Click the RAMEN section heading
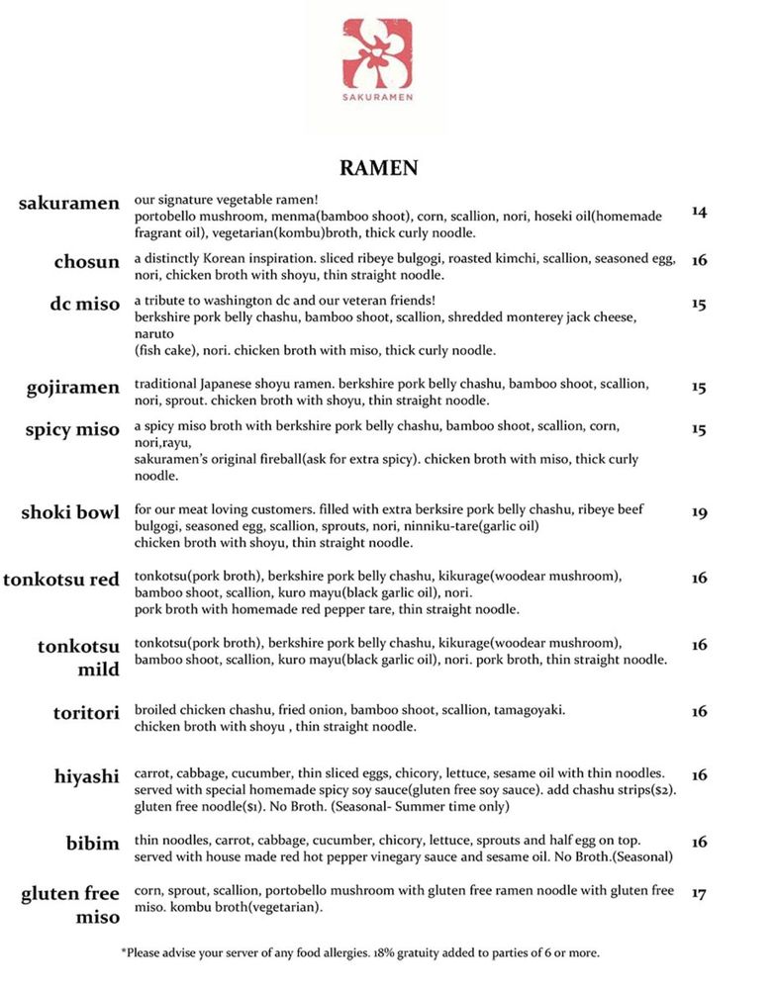379,168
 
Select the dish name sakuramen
69,204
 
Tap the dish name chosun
87,262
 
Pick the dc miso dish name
85,304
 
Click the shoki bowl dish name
70,513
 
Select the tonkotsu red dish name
61,580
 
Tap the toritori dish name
86,712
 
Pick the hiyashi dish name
87,777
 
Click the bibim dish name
93,843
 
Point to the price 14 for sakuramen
700,212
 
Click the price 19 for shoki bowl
700,513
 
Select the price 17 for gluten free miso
700,894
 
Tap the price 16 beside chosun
700,261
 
